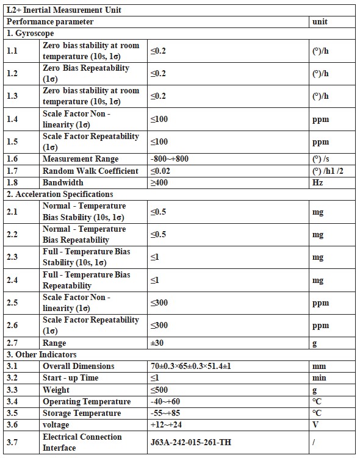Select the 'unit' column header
pos(320,21)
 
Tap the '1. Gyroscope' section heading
pos(30,33)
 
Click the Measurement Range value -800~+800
pos(169,159)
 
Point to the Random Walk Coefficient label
pos(90,171)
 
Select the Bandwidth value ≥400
pos(159,182)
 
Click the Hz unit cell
pos(317,182)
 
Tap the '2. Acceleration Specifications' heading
pos(60,194)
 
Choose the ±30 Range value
pos(157,343)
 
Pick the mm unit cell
pos(319,367)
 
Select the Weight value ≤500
pos(159,390)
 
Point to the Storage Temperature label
pos(82,413)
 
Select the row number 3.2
pos(12,378)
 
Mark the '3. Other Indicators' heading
pos(41,354)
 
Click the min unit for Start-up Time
pos(319,378)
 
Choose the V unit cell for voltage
pos(315,424)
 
